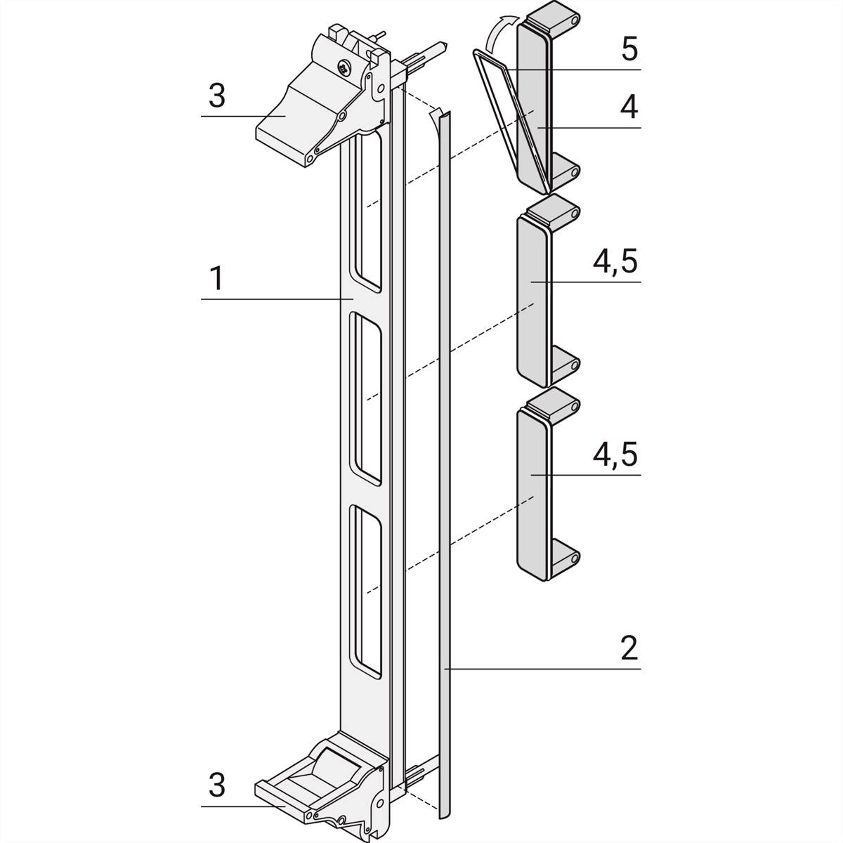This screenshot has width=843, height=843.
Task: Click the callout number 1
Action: pos(217,279)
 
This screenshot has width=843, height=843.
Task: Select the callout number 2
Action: pos(629,647)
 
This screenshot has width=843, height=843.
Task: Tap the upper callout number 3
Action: pos(217,96)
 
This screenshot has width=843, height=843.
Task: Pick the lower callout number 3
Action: pos(217,785)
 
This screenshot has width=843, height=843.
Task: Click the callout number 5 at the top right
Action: pos(629,50)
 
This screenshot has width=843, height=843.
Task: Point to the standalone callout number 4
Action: pos(629,107)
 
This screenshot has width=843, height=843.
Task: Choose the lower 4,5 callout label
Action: pos(615,455)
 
